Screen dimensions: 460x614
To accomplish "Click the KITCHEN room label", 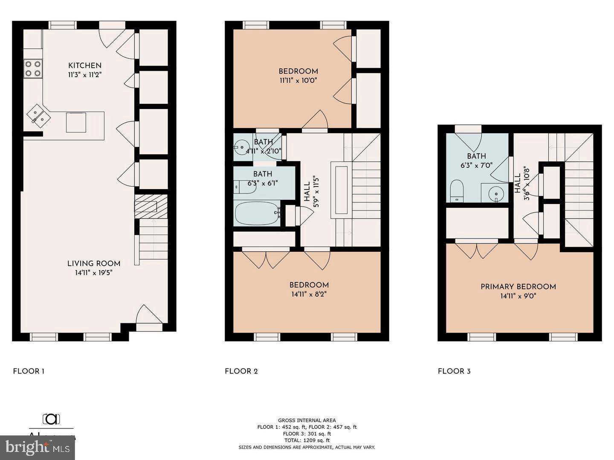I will [x=85, y=65].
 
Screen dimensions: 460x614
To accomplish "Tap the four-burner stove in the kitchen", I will [x=33, y=69].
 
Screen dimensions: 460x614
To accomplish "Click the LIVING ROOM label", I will [x=94, y=264].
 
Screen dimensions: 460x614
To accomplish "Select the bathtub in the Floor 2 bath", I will [x=257, y=213].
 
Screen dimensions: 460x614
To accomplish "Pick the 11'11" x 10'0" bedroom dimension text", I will [x=298, y=80].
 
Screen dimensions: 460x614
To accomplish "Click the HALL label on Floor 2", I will [x=307, y=192].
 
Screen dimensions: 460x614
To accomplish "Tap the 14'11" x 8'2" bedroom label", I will [x=309, y=285].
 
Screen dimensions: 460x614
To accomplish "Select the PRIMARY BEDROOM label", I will [x=518, y=287].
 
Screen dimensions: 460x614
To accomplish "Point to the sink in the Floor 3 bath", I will [x=496, y=194].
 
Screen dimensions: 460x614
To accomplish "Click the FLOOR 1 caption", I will [x=29, y=371].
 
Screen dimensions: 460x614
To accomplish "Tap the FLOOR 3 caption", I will [x=454, y=371].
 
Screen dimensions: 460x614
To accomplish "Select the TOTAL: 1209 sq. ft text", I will [x=307, y=440].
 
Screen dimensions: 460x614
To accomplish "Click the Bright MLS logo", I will [x=38, y=447].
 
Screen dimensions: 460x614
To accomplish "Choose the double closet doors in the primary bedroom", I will [x=476, y=250].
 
